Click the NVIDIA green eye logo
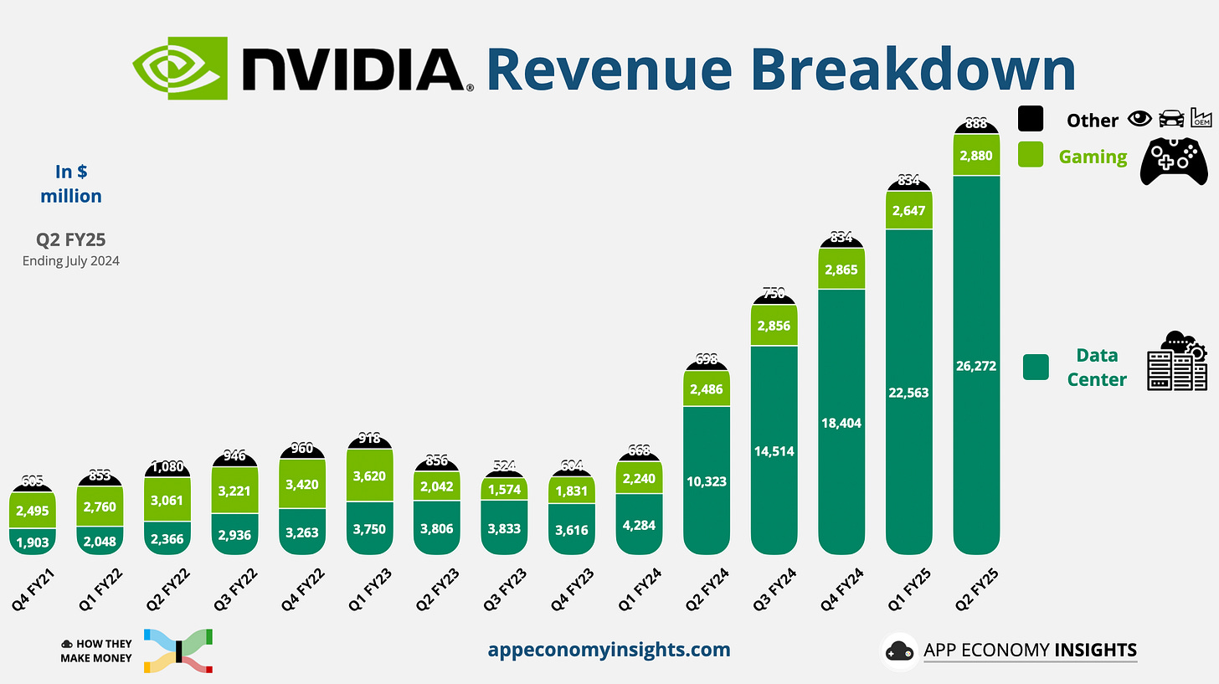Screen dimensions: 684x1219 179,68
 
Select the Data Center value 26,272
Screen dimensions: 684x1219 975,365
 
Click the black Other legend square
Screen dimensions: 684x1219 1031,119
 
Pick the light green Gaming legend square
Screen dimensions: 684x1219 1031,155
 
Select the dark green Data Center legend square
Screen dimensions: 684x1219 1036,367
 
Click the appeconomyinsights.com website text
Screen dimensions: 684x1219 609,650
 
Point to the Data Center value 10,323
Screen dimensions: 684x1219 707,481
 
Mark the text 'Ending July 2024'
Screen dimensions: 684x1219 70,260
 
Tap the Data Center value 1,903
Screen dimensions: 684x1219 33,542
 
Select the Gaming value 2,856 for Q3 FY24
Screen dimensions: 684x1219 773,326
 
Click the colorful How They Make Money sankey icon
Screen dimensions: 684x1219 178,651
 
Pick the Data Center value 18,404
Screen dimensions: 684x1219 841,423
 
